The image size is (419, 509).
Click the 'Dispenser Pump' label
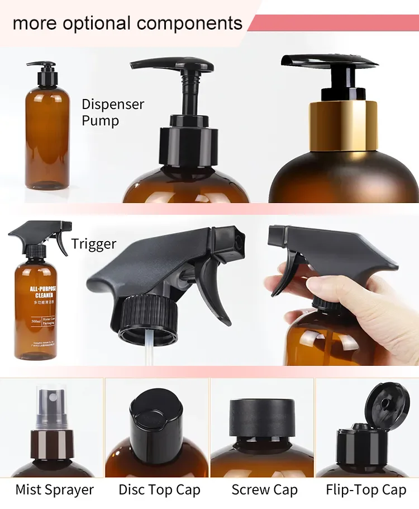click(x=113, y=112)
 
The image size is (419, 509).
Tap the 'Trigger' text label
click(x=94, y=244)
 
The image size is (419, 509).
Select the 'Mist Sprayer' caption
click(x=55, y=490)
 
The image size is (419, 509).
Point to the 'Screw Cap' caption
click(x=264, y=490)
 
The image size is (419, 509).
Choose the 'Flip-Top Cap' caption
click(x=366, y=490)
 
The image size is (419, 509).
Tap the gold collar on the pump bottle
click(x=342, y=126)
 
